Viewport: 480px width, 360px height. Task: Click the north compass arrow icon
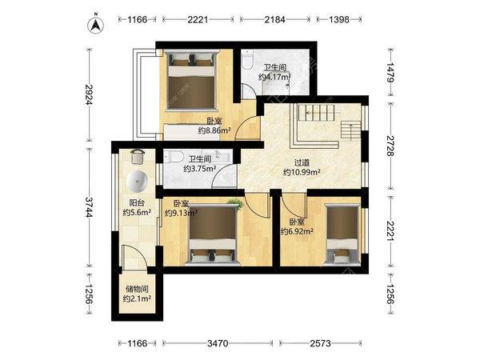pos(96,25)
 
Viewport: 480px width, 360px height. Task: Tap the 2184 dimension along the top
pos(274,19)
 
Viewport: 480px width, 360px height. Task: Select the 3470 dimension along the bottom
pos(218,343)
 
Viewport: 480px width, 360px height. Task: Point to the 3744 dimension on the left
pos(89,207)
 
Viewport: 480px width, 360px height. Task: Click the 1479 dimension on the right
pos(390,72)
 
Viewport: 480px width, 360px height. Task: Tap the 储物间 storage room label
pos(137,289)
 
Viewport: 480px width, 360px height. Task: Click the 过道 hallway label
pos(302,162)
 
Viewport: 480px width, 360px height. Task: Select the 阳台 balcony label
pos(137,202)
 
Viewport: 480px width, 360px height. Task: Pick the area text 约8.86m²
pos(214,130)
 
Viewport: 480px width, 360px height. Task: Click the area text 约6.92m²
pos(297,231)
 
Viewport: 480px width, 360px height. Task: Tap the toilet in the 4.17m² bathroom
pos(247,59)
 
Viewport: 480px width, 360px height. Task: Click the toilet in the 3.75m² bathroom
pos(173,157)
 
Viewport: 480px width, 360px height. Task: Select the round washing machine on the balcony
pos(137,181)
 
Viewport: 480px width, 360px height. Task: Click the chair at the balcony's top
pos(137,157)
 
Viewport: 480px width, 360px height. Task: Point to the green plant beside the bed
pos(235,203)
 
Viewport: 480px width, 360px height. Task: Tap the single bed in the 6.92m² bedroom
pos(342,234)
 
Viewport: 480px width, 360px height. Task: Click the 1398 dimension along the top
pos(339,19)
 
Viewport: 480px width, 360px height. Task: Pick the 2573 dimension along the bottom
pos(320,343)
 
